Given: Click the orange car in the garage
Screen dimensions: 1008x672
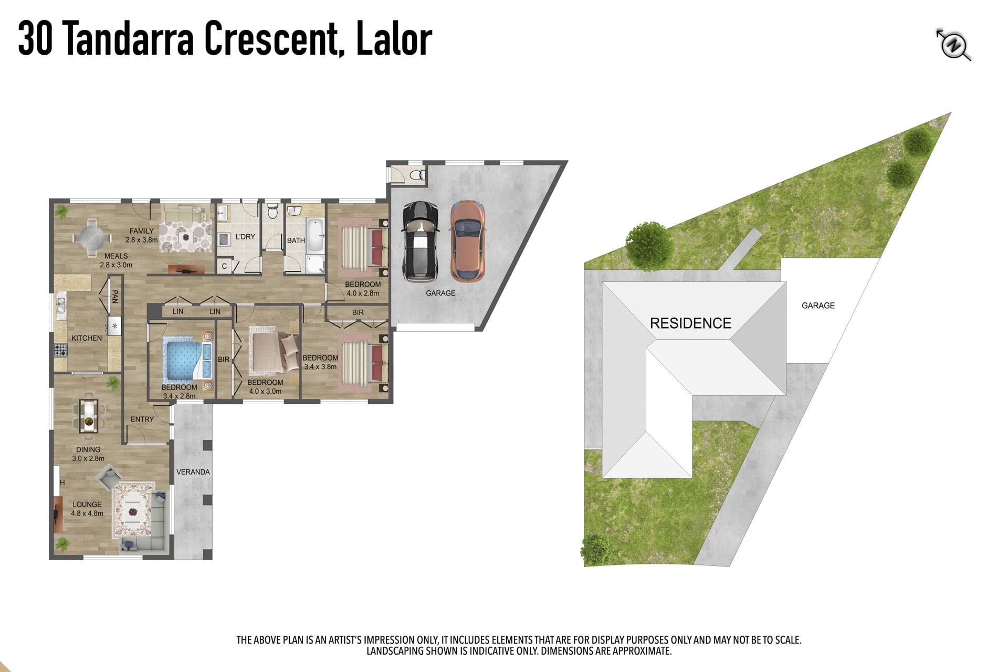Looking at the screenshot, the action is pos(468,241).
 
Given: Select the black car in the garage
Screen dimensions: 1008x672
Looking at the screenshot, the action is pos(420,241).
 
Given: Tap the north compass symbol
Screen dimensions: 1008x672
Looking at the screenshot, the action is pos(953,45).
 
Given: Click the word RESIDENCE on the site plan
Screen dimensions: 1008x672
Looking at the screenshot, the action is pos(690,323).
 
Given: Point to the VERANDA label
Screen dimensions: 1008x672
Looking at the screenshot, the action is pos(193,472).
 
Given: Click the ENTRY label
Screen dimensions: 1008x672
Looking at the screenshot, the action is pos(142,419).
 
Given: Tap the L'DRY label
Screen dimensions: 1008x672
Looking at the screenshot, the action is pos(245,237).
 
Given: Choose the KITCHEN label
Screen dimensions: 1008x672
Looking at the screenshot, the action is pos(87,338).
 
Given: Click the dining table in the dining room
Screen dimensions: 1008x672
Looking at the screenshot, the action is pos(88,416).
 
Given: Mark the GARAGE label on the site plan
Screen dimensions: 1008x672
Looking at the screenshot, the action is pos(818,306).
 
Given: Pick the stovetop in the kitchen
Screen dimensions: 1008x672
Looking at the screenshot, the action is pos(61,350).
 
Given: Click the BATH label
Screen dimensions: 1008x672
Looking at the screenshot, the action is pos(296,240).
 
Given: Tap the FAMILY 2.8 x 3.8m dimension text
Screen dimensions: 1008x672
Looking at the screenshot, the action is pos(142,235).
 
